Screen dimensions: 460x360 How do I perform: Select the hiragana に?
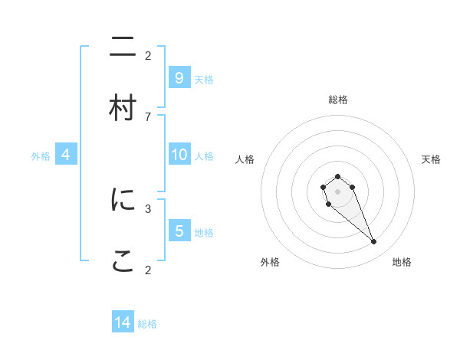pos(123,200)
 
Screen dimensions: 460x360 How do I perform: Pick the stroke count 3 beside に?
pos(148,208)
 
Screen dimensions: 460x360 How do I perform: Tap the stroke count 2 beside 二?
pos(148,55)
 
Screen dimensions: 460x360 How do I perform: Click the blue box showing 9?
pos(179,78)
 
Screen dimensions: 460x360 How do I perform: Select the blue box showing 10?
pos(179,155)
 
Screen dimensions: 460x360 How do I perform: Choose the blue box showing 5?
pos(179,231)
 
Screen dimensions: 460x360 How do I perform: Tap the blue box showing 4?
pos(66,155)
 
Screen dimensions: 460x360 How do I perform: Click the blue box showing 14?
pos(123,322)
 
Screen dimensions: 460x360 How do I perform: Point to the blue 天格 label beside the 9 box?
pos(204,79)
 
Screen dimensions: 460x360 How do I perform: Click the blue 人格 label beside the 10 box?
pos(204,155)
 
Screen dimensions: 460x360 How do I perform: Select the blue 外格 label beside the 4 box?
pos(41,155)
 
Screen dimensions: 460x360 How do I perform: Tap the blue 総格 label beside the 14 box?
pos(147,324)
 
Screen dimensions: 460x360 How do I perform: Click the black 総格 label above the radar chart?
pos(338,100)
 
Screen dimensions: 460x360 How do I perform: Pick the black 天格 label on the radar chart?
pos(431,159)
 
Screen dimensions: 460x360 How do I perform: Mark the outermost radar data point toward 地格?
pos(374,242)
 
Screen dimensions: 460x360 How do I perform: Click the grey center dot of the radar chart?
pos(337,191)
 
